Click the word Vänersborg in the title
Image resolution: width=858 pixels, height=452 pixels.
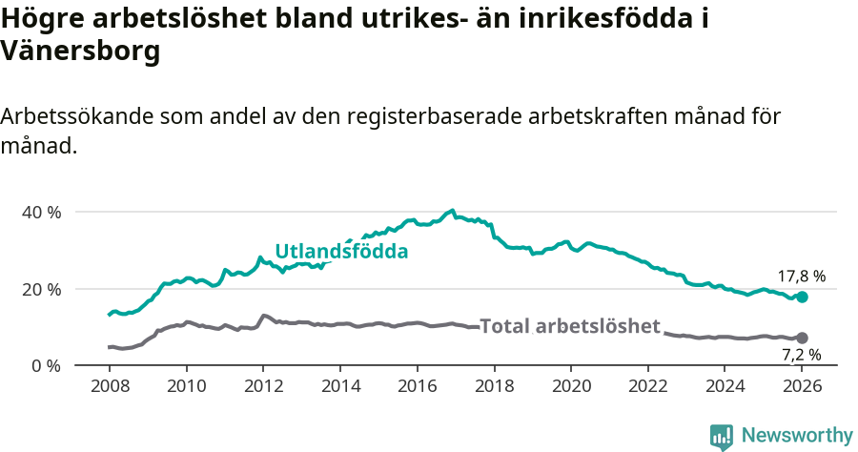coord(80,51)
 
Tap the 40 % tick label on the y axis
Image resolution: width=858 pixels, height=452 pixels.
coord(41,212)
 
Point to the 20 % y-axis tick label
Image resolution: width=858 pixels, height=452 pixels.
coord(41,289)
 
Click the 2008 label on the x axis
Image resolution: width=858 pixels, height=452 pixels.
coord(109,388)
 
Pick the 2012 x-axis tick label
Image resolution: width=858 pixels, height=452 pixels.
coord(263,388)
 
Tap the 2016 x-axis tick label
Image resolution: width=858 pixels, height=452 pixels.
coord(417,388)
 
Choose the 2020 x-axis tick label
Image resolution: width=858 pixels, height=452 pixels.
coord(571,388)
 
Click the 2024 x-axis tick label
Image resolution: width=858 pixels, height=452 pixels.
coord(725,388)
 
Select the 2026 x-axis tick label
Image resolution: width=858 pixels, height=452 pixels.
coord(802,388)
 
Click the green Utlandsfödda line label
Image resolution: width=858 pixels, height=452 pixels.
coord(341,252)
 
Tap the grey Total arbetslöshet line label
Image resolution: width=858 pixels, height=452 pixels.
coord(570,326)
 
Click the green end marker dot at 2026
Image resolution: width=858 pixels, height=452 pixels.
coord(802,298)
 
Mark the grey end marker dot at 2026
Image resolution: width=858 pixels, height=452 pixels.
coord(802,338)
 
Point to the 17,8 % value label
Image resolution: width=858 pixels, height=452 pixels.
coord(801,277)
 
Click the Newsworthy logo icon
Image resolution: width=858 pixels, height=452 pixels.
coord(722,436)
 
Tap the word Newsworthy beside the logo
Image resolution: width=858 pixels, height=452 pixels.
coord(797,436)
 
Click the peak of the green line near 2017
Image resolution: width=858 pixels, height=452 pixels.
coord(453,211)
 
